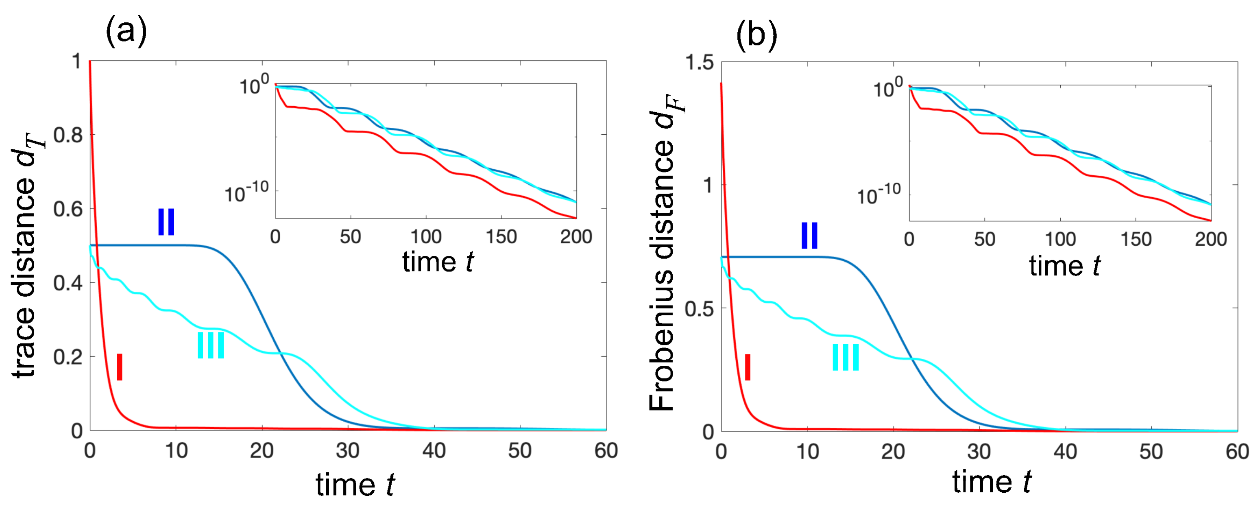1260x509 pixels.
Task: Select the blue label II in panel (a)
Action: click(x=166, y=222)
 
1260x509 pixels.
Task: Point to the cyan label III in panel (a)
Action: click(x=211, y=345)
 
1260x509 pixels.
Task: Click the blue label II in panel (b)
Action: click(x=809, y=236)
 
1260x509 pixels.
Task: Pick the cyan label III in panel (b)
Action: click(x=846, y=357)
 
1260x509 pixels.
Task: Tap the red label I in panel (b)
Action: click(x=748, y=367)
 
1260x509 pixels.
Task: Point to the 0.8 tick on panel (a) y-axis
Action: click(x=68, y=135)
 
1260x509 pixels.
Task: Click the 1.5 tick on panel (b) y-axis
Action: click(x=699, y=63)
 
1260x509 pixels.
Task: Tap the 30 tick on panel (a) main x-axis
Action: click(x=348, y=451)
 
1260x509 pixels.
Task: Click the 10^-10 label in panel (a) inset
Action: click(x=246, y=193)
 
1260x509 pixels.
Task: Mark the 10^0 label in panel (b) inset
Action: click(x=887, y=89)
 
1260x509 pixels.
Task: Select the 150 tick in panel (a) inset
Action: click(x=501, y=237)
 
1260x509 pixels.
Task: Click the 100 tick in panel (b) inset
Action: click(x=1060, y=240)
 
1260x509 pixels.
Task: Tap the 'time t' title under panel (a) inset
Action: click(x=438, y=262)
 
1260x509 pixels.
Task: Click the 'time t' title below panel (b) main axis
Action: click(x=992, y=482)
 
